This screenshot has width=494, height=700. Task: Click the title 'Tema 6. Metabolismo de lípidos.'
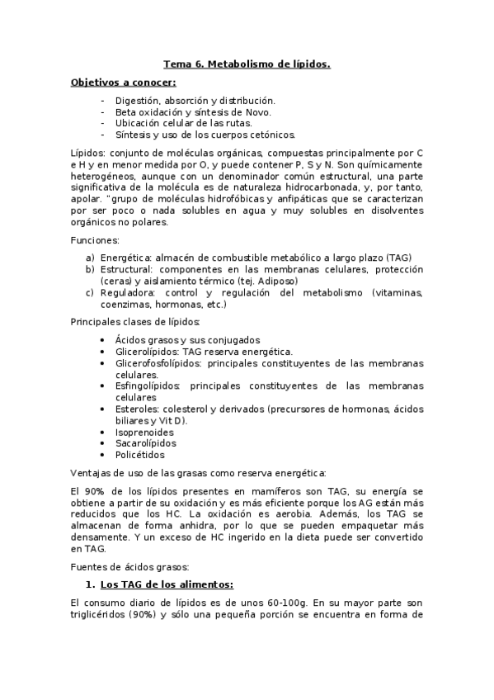click(x=247, y=64)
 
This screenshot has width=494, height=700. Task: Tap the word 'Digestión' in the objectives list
click(x=138, y=100)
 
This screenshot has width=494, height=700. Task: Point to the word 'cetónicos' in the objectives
click(x=271, y=135)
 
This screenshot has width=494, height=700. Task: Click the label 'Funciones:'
click(x=95, y=240)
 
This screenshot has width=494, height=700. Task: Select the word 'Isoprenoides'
click(x=144, y=431)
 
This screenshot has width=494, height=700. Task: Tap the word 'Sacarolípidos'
click(x=145, y=442)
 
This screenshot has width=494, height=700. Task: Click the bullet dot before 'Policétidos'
click(x=101, y=454)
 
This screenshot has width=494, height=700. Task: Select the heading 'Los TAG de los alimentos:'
click(x=161, y=585)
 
